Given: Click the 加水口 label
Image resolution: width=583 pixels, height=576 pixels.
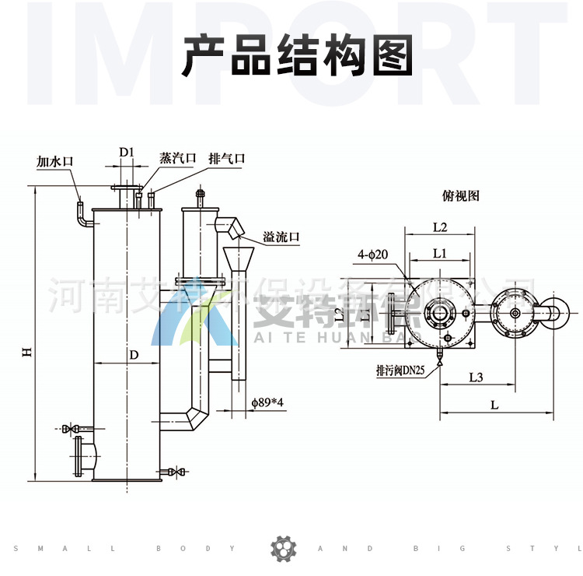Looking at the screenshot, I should pos(54,162).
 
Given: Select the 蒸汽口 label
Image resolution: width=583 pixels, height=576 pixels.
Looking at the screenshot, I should pos(178,157).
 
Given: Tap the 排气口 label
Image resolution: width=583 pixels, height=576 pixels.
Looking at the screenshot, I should pos(227,158).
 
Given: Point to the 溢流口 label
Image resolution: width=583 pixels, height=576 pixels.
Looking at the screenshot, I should pos(281,237).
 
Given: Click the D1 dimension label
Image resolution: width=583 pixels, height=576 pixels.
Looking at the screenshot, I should pos(127,151).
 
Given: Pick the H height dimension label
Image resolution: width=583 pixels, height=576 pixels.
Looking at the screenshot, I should pos(26,353).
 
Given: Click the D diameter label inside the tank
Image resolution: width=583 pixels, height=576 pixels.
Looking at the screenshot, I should pos(134,355).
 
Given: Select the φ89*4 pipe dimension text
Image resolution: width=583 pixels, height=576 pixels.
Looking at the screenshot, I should pos(268,402).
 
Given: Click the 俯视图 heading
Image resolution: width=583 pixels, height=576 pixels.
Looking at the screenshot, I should pos(461,196).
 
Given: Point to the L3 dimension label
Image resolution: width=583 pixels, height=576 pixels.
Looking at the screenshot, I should pos(477,378).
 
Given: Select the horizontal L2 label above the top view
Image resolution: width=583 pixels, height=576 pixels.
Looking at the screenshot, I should pos(439,227).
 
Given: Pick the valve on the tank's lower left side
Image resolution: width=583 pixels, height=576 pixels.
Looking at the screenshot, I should pos(70,429).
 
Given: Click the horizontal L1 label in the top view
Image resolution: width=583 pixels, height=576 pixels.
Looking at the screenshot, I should pos(439,253).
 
